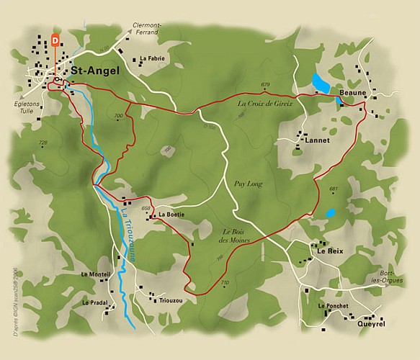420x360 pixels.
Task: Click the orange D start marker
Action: point(55,41)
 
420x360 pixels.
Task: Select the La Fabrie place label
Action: point(153,59)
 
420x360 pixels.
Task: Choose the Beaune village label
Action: point(353,94)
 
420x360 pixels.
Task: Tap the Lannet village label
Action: point(317,140)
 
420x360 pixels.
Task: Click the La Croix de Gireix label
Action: point(265,104)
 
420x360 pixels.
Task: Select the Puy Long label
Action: point(249,184)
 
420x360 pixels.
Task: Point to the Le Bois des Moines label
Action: point(236,235)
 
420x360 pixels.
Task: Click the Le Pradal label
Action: point(95,302)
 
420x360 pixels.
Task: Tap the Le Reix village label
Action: point(328,252)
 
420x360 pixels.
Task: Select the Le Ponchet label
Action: point(333,306)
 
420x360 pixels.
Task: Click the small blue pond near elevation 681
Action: point(330,213)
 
